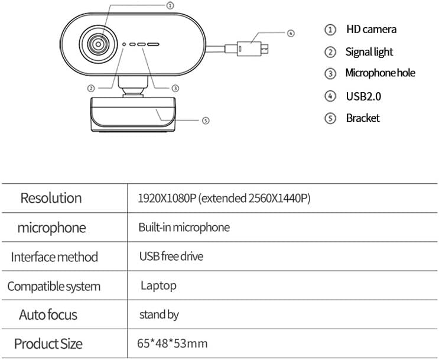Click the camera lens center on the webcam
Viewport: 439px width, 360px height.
98,44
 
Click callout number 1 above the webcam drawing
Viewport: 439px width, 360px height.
170,5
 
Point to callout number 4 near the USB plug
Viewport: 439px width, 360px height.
291,33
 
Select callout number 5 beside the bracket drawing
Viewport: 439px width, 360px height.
206,121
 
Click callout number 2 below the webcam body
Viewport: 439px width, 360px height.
91,89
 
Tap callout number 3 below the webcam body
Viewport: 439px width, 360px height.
175,89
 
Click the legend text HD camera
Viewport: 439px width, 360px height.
371,30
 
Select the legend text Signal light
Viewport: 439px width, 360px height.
369,52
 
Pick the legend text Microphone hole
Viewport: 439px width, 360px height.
380,73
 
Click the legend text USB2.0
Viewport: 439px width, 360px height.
363,96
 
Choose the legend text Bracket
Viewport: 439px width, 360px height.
363,118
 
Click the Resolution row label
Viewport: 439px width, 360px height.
51,198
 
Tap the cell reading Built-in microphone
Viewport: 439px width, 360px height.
184,227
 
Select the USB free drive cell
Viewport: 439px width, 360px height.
171,257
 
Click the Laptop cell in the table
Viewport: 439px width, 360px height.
158,286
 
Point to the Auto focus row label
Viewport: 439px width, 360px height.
48,314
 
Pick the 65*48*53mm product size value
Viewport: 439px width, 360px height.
172,343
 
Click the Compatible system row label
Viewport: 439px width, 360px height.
54,286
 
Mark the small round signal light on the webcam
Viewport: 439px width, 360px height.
124,44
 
